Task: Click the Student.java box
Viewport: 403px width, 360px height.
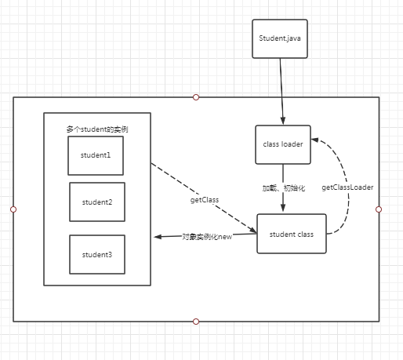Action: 280,38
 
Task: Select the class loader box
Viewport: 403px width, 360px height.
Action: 283,144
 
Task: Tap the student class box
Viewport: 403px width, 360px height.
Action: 292,234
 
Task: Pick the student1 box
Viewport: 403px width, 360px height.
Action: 96,155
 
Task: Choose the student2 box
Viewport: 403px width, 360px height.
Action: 97,202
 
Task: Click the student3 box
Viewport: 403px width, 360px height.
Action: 97,254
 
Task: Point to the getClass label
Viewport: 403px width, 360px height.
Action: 205,200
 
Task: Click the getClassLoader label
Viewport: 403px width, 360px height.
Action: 347,187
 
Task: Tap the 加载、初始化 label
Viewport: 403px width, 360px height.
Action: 284,188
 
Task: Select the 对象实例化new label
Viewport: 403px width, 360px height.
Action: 207,237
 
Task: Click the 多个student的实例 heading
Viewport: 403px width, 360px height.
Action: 97,129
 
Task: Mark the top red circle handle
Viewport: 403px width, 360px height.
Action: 196,97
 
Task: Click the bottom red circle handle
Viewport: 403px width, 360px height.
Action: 196,322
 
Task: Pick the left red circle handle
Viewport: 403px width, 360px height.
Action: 13,209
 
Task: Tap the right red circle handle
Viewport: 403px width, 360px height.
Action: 379,209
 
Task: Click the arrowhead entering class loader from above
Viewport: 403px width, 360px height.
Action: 283,121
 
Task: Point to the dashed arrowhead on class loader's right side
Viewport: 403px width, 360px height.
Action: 314,140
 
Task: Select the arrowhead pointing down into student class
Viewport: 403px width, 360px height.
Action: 283,208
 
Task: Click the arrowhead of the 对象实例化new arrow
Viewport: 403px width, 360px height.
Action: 158,237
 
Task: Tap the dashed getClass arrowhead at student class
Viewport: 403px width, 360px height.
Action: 253,230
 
